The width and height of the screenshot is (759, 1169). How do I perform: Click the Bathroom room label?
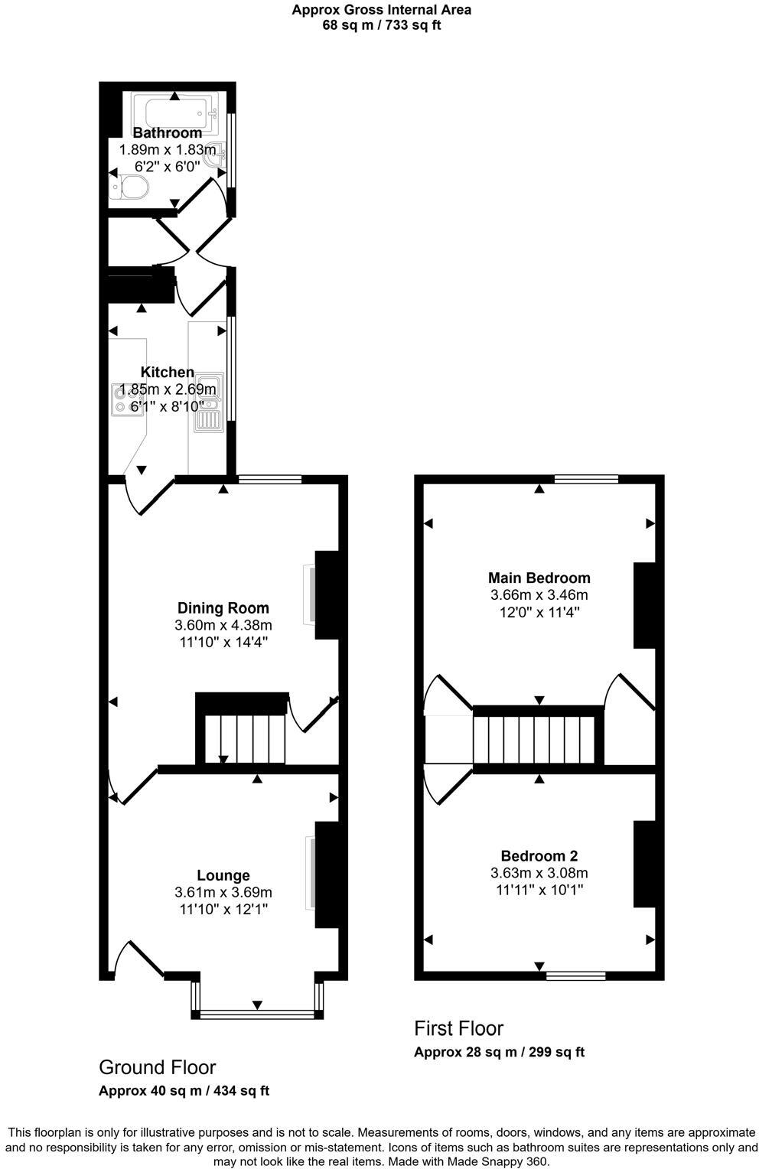click(x=168, y=133)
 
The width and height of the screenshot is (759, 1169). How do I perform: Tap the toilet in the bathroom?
click(x=132, y=186)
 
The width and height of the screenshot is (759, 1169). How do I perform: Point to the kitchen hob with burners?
click(x=122, y=399)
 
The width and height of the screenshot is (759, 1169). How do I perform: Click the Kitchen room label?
click(x=168, y=373)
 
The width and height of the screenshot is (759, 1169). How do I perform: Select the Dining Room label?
click(x=223, y=608)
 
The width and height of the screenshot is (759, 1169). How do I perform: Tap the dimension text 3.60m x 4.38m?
click(x=223, y=626)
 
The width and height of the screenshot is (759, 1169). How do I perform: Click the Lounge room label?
click(x=223, y=875)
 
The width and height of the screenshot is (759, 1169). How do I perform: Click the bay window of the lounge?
click(x=256, y=1014)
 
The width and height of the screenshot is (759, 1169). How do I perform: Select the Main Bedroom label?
click(x=539, y=578)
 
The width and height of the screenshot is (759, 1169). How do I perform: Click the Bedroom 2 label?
click(x=539, y=856)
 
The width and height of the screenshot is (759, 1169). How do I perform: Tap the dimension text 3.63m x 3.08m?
click(x=539, y=873)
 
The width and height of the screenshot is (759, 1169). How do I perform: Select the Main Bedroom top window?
click(x=586, y=480)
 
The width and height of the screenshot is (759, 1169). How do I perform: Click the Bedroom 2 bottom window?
click(x=576, y=975)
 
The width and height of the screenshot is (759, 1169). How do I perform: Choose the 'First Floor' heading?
click(x=459, y=1028)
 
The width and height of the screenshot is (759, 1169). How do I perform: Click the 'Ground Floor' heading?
click(x=158, y=1067)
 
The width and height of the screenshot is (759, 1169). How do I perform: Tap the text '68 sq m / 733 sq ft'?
click(x=382, y=25)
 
